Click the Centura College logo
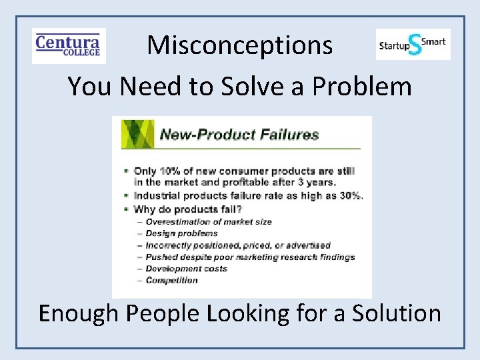69,45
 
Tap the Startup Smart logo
413,45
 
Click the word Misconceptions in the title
240,45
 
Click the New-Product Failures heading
239,135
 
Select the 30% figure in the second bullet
349,195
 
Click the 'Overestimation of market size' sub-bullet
208,221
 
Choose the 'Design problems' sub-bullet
181,233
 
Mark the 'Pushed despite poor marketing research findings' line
249,257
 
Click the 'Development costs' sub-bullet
186,269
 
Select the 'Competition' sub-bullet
171,280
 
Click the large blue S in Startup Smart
415,45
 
